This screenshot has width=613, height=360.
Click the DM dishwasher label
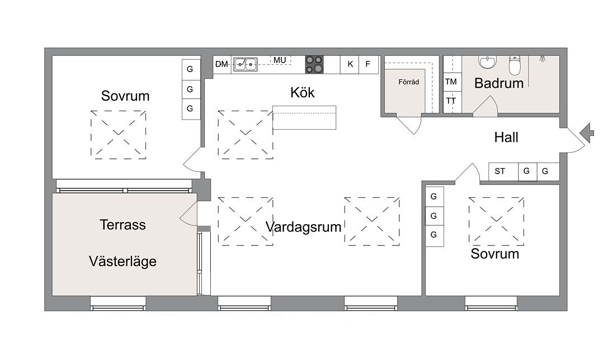pos(221,64)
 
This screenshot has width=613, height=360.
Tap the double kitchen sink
pos(246,64)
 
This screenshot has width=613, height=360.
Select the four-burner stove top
pos(314,64)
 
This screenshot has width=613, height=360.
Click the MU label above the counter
pos(280,60)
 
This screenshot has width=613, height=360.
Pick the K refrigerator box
pos(350,64)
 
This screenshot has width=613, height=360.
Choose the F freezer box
pos(369,64)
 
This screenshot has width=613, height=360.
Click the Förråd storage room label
pos(408,82)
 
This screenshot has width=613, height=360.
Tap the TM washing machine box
pos(451,82)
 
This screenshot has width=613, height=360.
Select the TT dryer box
pos(451,101)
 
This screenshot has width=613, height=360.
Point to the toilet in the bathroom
pos(515,65)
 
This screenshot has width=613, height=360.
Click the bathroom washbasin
pos(488,62)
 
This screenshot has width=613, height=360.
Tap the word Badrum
pos(499,83)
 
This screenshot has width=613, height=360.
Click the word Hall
pos(506,138)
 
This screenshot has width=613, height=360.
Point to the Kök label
pos(303,93)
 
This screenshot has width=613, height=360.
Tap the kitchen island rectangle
pos(304,117)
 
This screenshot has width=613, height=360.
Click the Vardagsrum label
pos(303,227)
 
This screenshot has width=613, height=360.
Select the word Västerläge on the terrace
pos(122,262)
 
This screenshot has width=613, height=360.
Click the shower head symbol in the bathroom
pos(543,59)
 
